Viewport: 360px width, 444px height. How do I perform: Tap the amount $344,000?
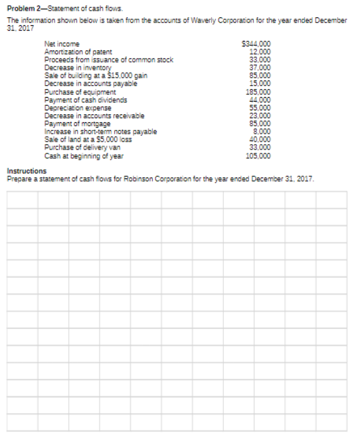tap(258, 45)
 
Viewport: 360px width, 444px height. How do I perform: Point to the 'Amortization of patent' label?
tap(78, 51)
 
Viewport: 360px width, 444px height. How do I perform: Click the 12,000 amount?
tap(260, 51)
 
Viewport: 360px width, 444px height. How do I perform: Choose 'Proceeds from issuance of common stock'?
tap(108, 59)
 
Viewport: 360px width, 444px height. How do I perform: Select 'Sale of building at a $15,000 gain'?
tap(96, 75)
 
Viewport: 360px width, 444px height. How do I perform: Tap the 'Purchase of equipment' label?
tap(80, 92)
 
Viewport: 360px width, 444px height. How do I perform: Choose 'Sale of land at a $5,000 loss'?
tap(88, 140)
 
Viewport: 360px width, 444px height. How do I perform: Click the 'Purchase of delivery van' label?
tap(82, 148)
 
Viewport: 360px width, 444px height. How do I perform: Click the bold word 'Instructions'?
tap(27, 171)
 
